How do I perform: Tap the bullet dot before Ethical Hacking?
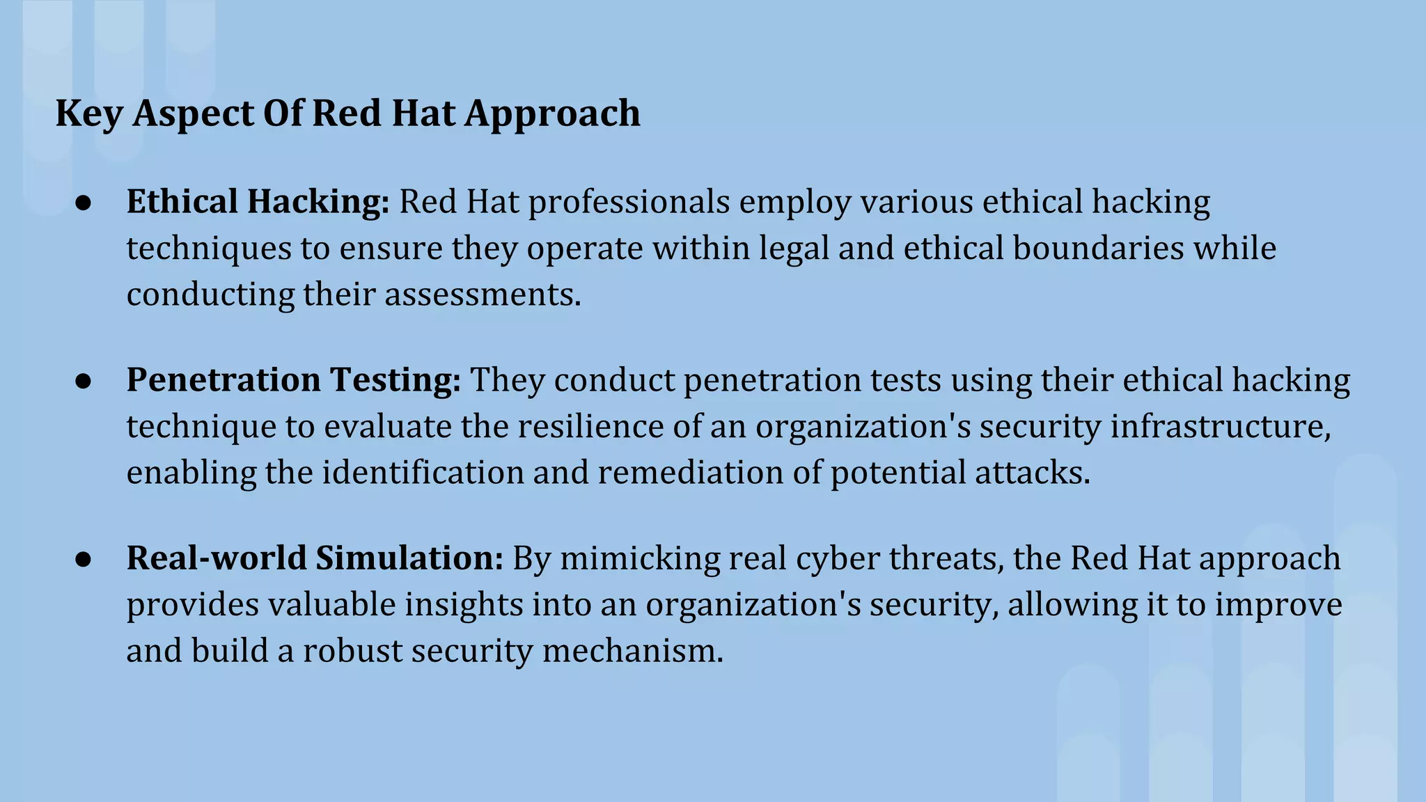tap(84, 203)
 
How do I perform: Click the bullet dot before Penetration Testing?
tap(84, 381)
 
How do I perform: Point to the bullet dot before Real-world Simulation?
tap(84, 559)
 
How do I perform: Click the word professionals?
tap(629, 203)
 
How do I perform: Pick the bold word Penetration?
tap(224, 381)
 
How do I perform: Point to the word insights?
tap(464, 605)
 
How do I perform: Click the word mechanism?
tap(633, 651)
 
